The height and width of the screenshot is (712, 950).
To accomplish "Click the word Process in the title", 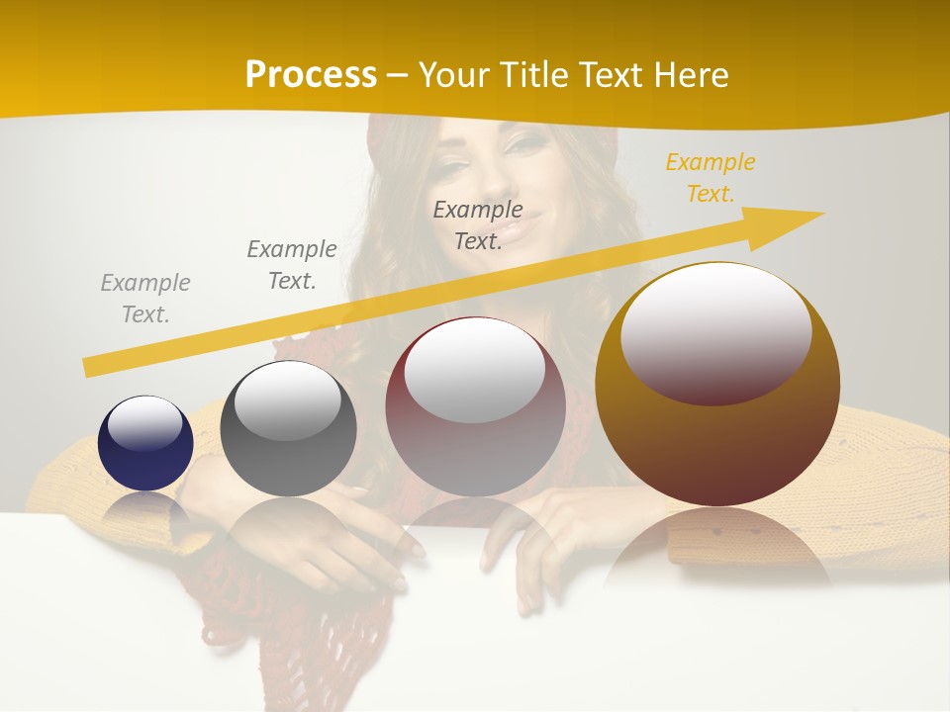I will click(x=311, y=75).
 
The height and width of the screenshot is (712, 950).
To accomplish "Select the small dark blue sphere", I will click(x=145, y=443).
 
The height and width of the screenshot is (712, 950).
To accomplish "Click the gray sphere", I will click(x=288, y=430).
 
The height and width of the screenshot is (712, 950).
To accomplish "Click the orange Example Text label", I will click(x=710, y=178).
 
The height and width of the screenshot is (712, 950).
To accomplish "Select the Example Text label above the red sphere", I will click(x=478, y=224).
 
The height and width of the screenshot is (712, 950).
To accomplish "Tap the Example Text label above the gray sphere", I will click(x=292, y=265).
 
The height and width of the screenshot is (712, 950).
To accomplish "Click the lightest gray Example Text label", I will click(x=145, y=299).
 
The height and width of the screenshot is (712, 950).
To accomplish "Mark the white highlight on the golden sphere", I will click(x=716, y=332).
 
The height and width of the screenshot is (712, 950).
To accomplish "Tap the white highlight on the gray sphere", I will click(x=288, y=400).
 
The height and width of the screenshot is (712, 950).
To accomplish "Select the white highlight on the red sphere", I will click(x=475, y=369).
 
